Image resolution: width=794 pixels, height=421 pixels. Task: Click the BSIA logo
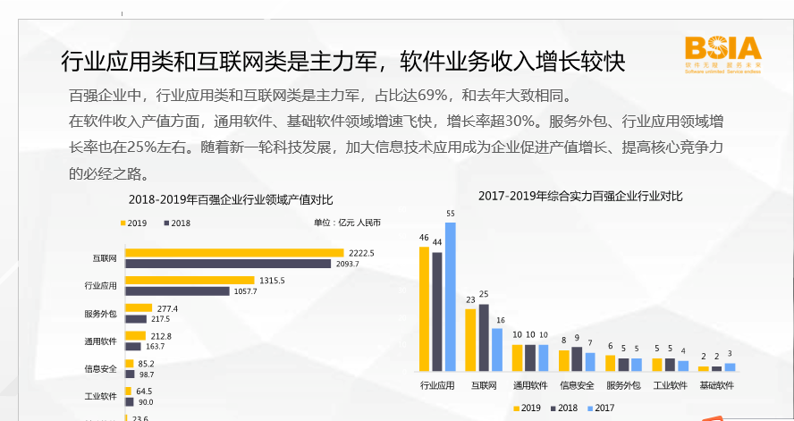click(x=722, y=53)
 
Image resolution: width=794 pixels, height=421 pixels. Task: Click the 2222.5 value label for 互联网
click(x=361, y=253)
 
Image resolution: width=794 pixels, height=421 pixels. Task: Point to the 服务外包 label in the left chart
click(x=100, y=314)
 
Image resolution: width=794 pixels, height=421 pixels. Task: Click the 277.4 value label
click(x=166, y=308)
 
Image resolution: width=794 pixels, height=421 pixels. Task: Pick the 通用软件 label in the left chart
click(x=100, y=341)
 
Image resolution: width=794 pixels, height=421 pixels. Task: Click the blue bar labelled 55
click(x=450, y=296)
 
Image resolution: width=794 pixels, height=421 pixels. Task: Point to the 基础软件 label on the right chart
click(x=716, y=386)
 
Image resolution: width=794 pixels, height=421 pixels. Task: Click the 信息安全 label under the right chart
click(x=577, y=386)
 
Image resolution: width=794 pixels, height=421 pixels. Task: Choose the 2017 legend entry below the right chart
click(x=600, y=408)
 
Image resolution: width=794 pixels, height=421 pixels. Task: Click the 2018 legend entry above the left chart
click(x=175, y=223)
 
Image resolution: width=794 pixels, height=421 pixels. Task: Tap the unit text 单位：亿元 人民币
click(x=347, y=223)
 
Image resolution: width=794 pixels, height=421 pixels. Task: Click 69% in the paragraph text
click(x=434, y=96)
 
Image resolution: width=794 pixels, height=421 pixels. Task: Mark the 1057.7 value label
click(x=245, y=291)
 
